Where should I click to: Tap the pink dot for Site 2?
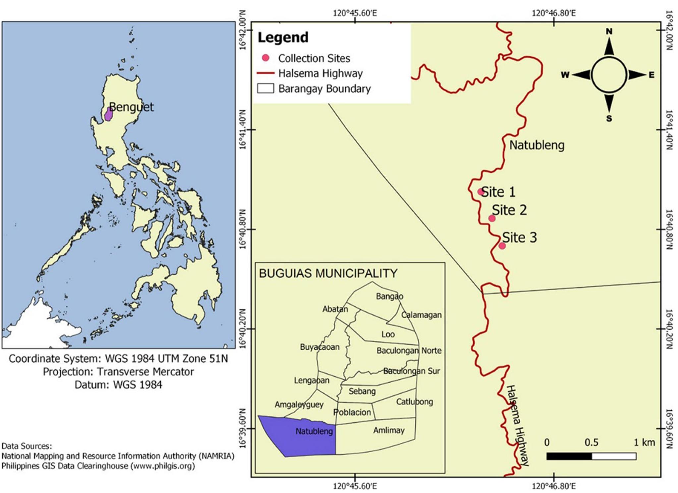492,218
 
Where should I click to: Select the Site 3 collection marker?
502,246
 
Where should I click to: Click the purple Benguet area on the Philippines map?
108,114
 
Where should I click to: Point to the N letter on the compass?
609,32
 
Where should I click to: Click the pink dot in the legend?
265,58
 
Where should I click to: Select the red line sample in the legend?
265,73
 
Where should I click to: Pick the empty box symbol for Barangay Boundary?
265,89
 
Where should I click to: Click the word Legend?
283,37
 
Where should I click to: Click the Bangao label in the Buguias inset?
389,296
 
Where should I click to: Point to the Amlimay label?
389,430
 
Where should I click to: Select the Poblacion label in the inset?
352,412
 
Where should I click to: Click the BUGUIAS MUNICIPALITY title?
328,273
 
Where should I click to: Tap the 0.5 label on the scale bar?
591,442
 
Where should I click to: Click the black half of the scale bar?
569,456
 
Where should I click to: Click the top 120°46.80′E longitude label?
554,13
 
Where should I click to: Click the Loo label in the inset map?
388,334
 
